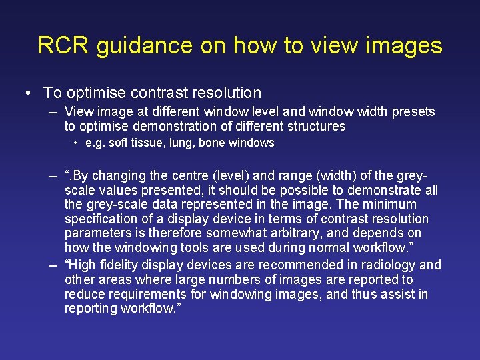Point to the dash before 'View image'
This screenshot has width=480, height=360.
(53, 112)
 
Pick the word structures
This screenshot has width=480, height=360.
(313, 126)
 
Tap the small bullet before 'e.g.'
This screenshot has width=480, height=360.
(77, 143)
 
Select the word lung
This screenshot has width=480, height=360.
(171, 143)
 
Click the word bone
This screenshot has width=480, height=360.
(209, 143)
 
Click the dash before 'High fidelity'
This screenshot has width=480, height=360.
(53, 265)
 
